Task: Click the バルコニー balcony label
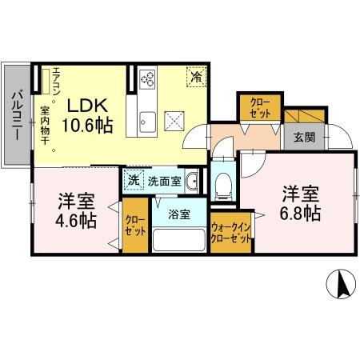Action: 16,116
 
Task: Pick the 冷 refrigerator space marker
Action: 194,77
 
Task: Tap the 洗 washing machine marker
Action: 133,180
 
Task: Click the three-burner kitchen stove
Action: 148,79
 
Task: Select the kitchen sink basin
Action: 148,122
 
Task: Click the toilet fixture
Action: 224,183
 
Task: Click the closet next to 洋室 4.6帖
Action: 133,230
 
